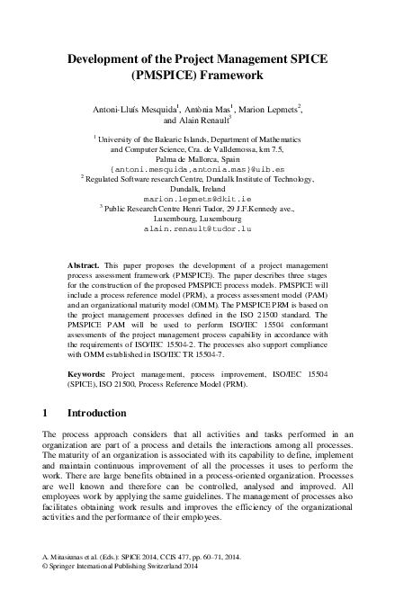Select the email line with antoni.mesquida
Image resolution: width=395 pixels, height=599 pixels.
click(197, 167)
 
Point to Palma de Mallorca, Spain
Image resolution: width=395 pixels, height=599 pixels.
click(197, 158)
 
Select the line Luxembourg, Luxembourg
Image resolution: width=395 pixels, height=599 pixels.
click(197, 219)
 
